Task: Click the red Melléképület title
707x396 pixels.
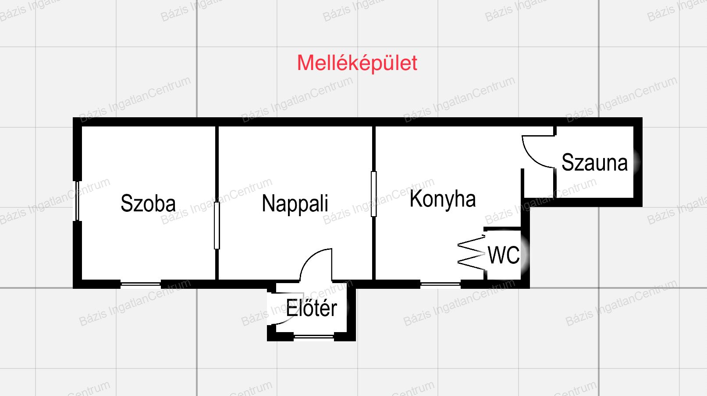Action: [x=357, y=63]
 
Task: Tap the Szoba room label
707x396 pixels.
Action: [x=148, y=203]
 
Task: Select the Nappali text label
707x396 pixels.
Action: [x=295, y=203]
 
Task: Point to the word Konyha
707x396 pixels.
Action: [x=443, y=199]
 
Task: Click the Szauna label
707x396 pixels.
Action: [x=594, y=163]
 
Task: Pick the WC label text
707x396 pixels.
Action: [x=504, y=255]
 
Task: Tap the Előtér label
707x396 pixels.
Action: [x=312, y=308]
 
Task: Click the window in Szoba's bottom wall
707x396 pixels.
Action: [x=141, y=284]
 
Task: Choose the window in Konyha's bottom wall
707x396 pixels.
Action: [x=440, y=284]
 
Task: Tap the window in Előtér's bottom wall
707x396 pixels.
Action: [x=314, y=336]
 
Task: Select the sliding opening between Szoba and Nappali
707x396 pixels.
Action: [x=217, y=225]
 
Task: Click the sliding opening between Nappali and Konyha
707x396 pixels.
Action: [x=373, y=194]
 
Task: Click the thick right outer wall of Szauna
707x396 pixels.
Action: [x=638, y=162]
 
